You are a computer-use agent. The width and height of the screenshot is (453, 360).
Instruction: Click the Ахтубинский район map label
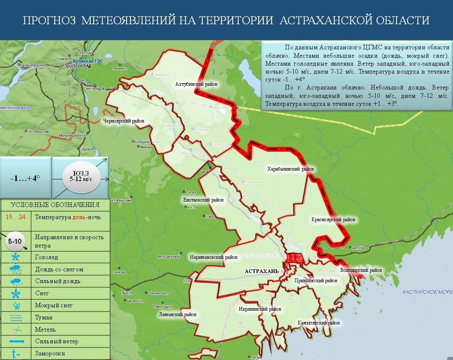coord(196,84)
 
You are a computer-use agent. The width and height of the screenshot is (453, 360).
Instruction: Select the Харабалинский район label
coord(290,169)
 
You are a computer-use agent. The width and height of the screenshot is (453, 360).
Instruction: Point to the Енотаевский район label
coord(204,200)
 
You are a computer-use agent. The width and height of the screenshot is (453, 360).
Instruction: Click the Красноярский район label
coord(333,219)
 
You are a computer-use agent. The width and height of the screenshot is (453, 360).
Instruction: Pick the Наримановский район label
coord(214,257)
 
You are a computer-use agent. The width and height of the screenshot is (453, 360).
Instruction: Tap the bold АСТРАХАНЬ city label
coord(262,271)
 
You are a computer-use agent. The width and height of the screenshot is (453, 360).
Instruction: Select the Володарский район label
coord(361,270)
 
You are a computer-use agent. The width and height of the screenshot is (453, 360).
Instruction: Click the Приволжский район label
coord(316,281)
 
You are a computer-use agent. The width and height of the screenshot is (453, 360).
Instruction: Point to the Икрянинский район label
coord(260,309)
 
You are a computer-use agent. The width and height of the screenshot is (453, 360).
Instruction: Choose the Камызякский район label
coord(318,323)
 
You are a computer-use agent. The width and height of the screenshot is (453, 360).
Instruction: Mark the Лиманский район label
coord(178,314)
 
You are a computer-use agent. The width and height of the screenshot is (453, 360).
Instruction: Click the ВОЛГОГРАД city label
coord(79,66)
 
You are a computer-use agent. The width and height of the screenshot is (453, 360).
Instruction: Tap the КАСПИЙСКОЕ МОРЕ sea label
coord(427,292)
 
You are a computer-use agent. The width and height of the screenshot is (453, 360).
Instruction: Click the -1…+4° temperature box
coord(25,178)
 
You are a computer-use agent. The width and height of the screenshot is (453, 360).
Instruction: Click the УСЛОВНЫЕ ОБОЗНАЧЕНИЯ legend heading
coord(55,205)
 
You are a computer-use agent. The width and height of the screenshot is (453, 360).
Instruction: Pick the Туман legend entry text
coord(43,318)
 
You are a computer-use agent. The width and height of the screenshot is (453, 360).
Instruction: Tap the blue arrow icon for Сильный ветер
coord(15,342)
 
